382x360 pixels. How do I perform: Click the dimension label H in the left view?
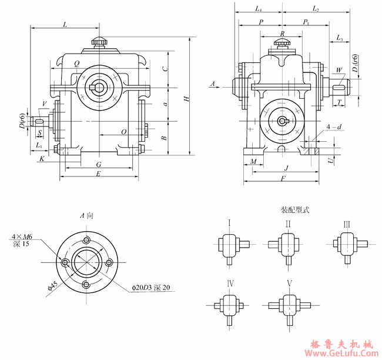tap(186, 99)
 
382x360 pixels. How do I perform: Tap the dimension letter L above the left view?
tap(65, 24)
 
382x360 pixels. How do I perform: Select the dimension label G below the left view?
tap(99, 164)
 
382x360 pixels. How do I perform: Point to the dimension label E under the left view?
tap(99, 175)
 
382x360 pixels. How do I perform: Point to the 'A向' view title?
tap(86, 215)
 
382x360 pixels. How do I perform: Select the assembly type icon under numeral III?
tap(347, 244)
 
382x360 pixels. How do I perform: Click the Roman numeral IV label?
tap(230, 284)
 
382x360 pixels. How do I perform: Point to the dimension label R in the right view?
tap(283, 34)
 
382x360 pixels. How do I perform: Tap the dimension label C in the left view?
tap(166, 68)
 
